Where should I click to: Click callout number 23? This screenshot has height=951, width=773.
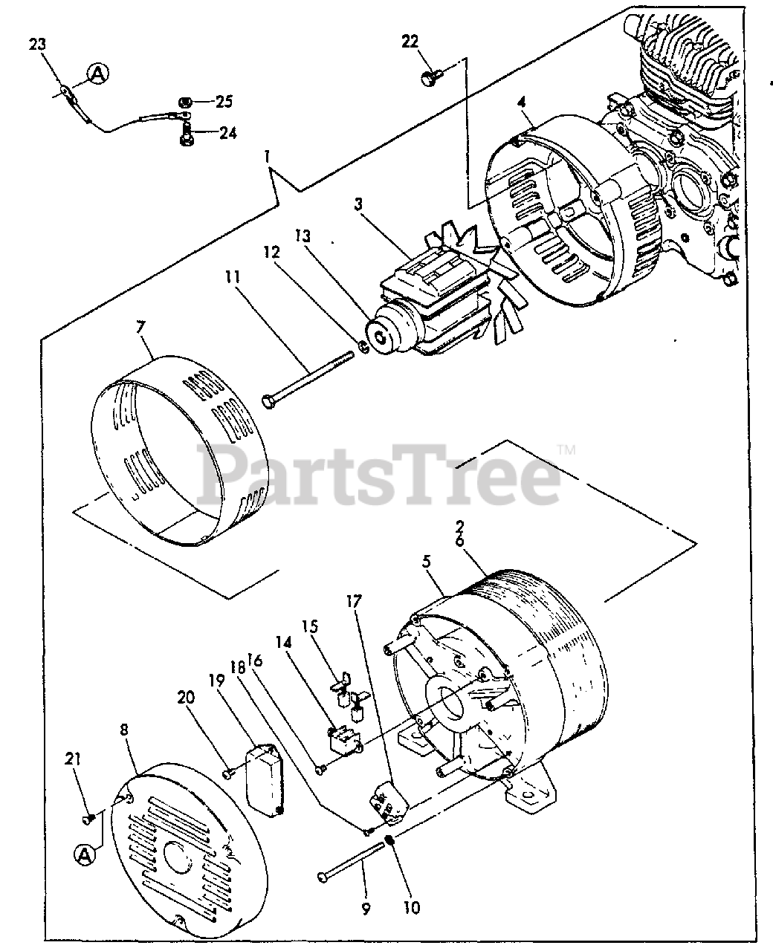click(37, 45)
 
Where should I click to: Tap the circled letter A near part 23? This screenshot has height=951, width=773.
click(97, 73)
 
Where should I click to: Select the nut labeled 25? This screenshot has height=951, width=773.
click(186, 102)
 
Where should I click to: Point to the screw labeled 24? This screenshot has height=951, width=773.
click(186, 134)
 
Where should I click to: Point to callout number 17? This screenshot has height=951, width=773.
click(353, 602)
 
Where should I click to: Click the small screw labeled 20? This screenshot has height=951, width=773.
click(228, 774)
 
